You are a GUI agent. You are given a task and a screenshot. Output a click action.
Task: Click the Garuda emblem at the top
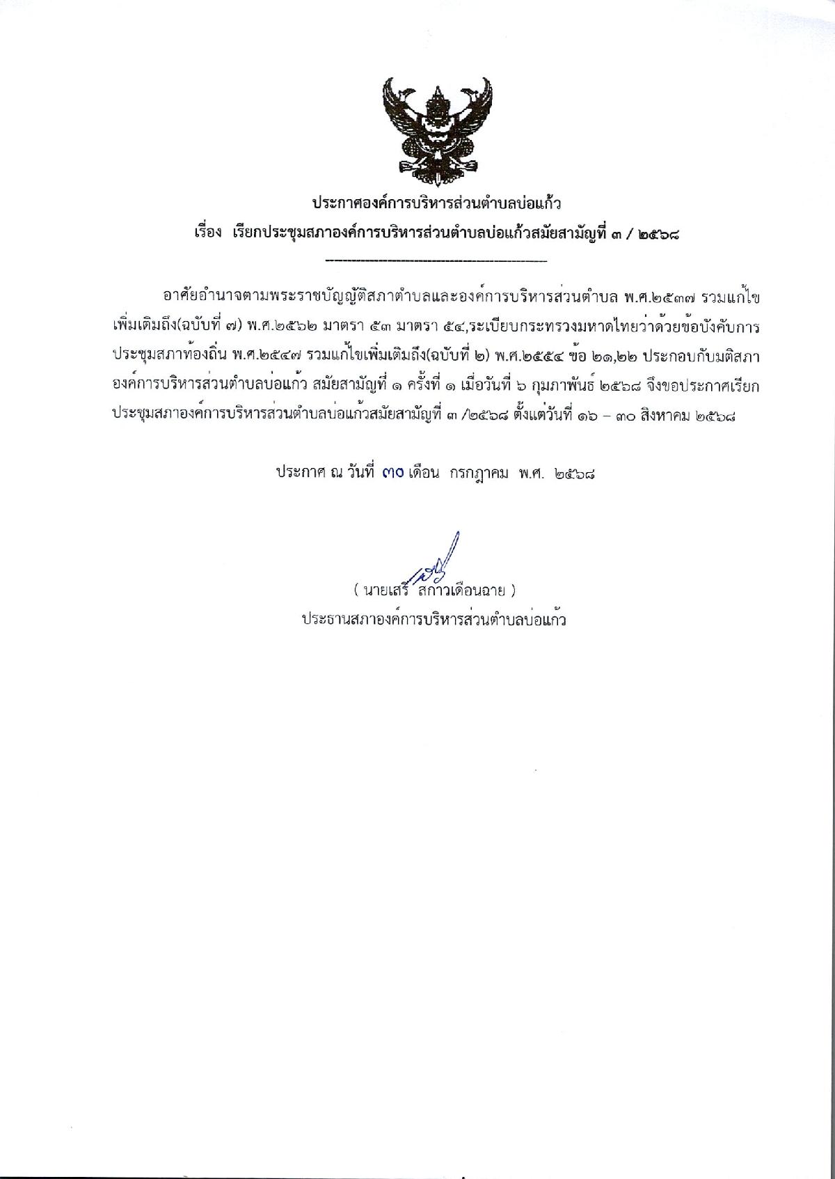point(436,126)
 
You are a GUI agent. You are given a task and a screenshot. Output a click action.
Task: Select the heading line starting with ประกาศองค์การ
point(436,204)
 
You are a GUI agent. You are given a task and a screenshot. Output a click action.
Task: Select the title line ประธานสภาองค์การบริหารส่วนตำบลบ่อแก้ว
point(434,619)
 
